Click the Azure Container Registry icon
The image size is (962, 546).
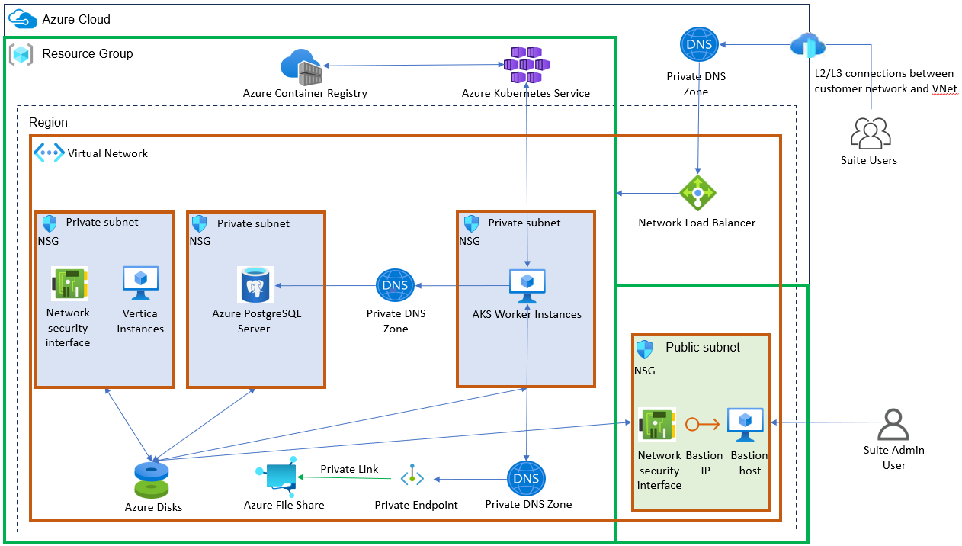[301, 67]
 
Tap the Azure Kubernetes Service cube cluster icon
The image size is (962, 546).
[526, 65]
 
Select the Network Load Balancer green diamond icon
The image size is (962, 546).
[697, 193]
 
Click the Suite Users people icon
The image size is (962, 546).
[870, 134]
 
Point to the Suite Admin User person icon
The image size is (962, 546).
[893, 425]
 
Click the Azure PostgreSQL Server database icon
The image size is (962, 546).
[255, 285]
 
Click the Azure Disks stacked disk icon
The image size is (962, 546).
[152, 479]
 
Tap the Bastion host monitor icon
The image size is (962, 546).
[746, 425]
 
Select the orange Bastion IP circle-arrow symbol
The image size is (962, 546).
[702, 425]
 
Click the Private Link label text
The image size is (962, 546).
[349, 469]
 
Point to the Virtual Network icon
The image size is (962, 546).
[49, 153]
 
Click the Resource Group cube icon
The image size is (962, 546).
[21, 54]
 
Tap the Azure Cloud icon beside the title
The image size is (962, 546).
[22, 19]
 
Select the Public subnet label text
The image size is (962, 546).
[702, 347]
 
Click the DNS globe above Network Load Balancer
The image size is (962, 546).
[699, 44]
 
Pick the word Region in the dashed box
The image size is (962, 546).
[48, 122]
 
